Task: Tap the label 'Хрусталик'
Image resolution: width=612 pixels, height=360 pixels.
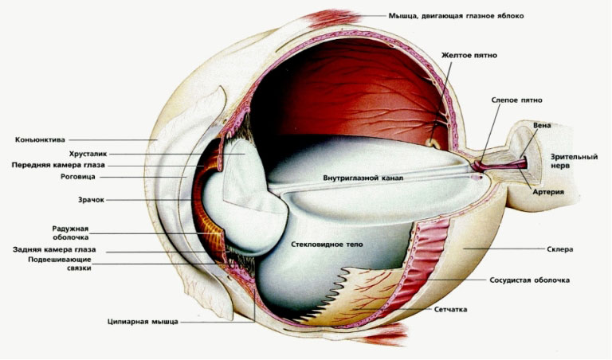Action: point(87,153)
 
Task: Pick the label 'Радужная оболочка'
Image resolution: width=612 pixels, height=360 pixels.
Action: point(71,231)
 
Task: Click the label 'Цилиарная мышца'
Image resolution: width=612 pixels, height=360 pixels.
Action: point(143,322)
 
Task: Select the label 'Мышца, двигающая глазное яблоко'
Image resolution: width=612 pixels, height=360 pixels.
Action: point(456,15)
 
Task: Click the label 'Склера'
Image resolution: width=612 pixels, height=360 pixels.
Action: point(561,249)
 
